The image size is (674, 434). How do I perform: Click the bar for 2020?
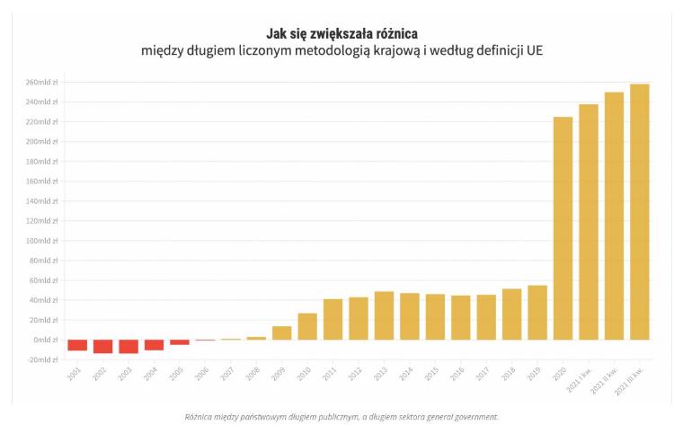click(563, 228)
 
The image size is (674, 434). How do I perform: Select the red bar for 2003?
click(129, 346)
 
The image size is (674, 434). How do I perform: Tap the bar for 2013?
click(384, 315)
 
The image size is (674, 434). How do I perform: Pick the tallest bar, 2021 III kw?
click(640, 212)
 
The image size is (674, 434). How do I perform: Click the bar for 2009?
click(282, 332)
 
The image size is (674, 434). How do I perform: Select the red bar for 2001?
click(77, 345)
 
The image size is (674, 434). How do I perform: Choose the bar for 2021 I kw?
click(589, 222)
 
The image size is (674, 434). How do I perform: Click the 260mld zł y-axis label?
click(41, 83)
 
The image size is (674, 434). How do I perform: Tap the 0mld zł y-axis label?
click(45, 340)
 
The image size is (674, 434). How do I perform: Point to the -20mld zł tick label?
click(42, 359)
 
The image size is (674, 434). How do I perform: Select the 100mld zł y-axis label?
click(41, 241)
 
